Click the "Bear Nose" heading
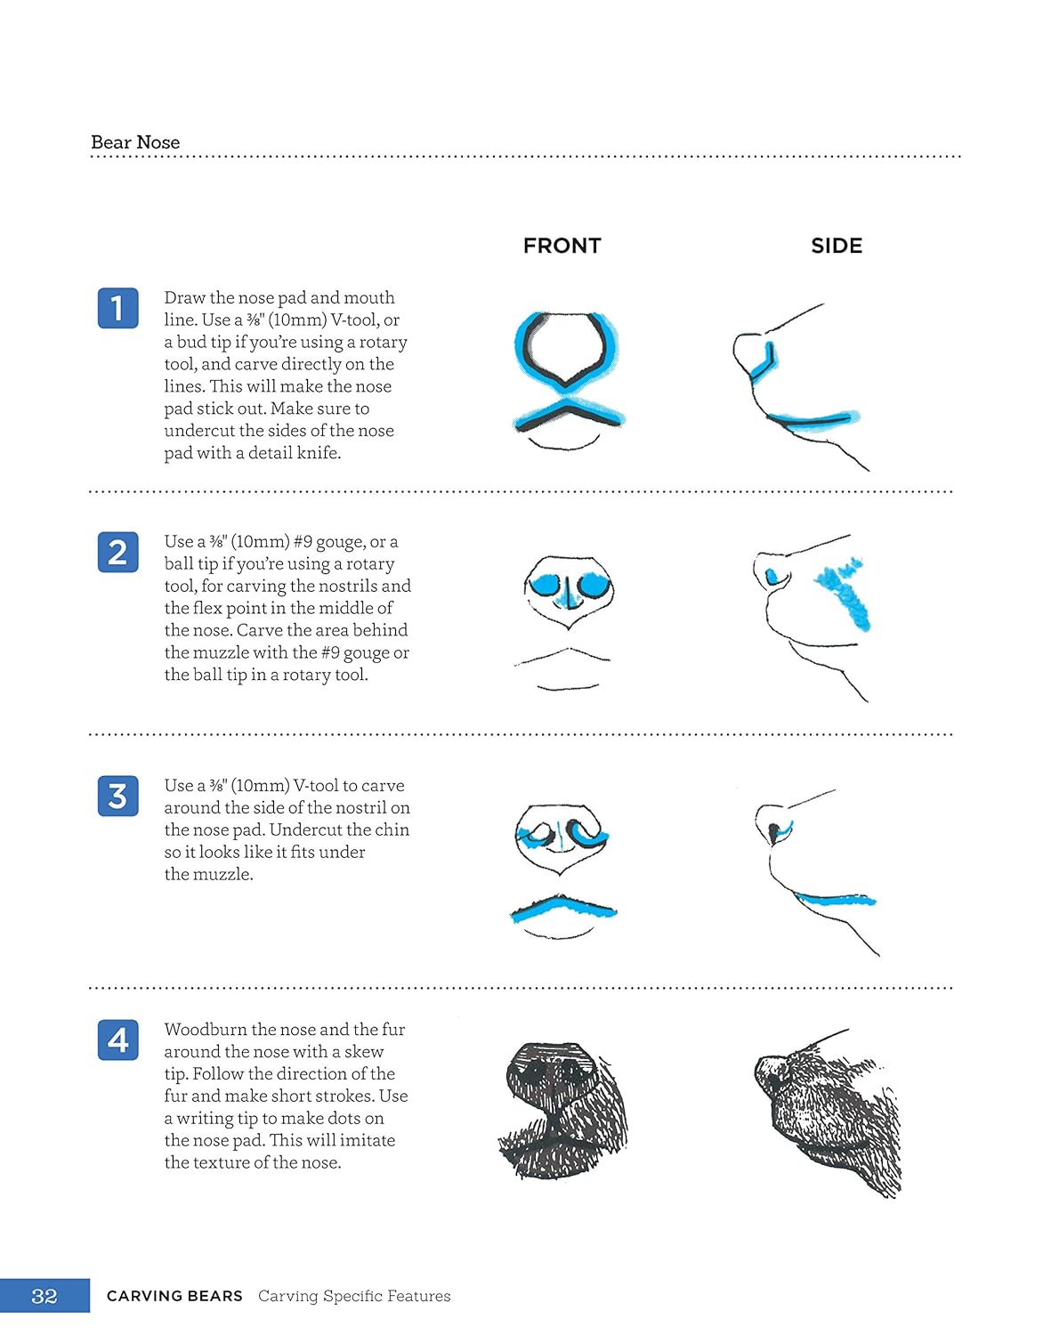tap(135, 142)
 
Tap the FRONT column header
tap(562, 246)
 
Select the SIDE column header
tap(836, 246)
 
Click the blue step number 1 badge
tap(118, 308)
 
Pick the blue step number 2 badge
tap(118, 552)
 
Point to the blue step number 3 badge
tap(118, 797)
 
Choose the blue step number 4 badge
tap(118, 1040)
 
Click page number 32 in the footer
tap(44, 1296)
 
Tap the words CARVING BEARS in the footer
tap(174, 1296)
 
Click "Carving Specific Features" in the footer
tap(354, 1296)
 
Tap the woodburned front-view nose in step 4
tap(563, 1111)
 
